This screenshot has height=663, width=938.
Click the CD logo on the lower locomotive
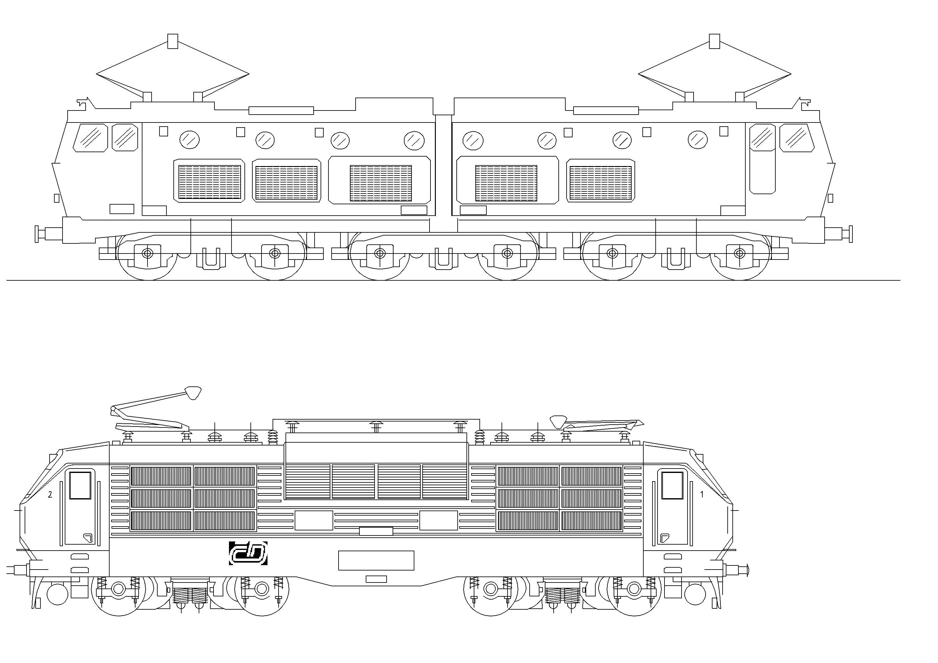[248, 553]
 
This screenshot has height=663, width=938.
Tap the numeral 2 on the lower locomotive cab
[50, 494]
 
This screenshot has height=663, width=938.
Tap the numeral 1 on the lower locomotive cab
[702, 494]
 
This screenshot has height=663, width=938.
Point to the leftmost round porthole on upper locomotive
[189, 140]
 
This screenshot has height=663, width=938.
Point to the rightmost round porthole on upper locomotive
[698, 140]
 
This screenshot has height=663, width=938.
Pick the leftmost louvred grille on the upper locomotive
[209, 181]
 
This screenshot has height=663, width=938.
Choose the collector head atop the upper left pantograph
[173, 41]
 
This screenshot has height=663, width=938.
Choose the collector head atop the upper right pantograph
[714, 41]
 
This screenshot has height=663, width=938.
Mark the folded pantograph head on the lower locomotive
[558, 421]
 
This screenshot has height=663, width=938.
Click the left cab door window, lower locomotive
[80, 485]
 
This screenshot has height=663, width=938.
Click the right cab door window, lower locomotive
[672, 485]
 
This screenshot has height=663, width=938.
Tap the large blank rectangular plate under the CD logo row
[376, 560]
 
